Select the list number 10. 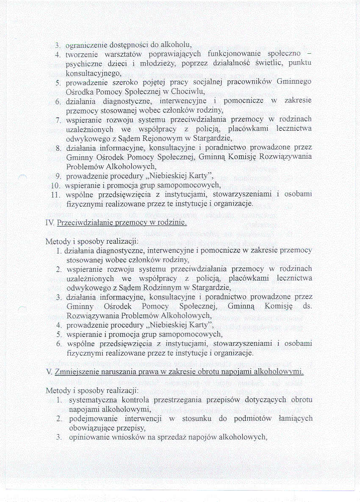click(x=55, y=185)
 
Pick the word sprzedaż click(x=177, y=437)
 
